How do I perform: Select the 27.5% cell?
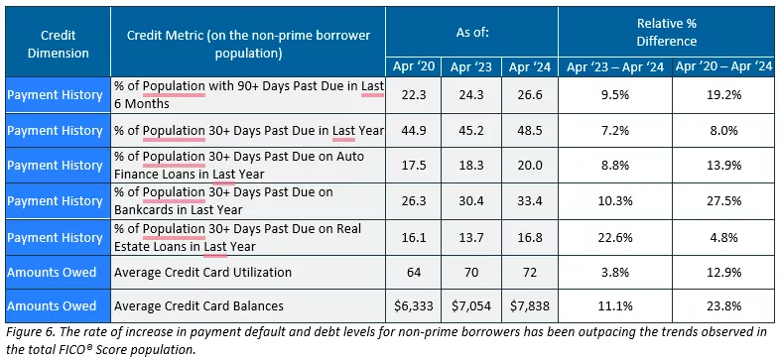click(721, 199)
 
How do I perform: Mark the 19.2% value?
click(721, 95)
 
